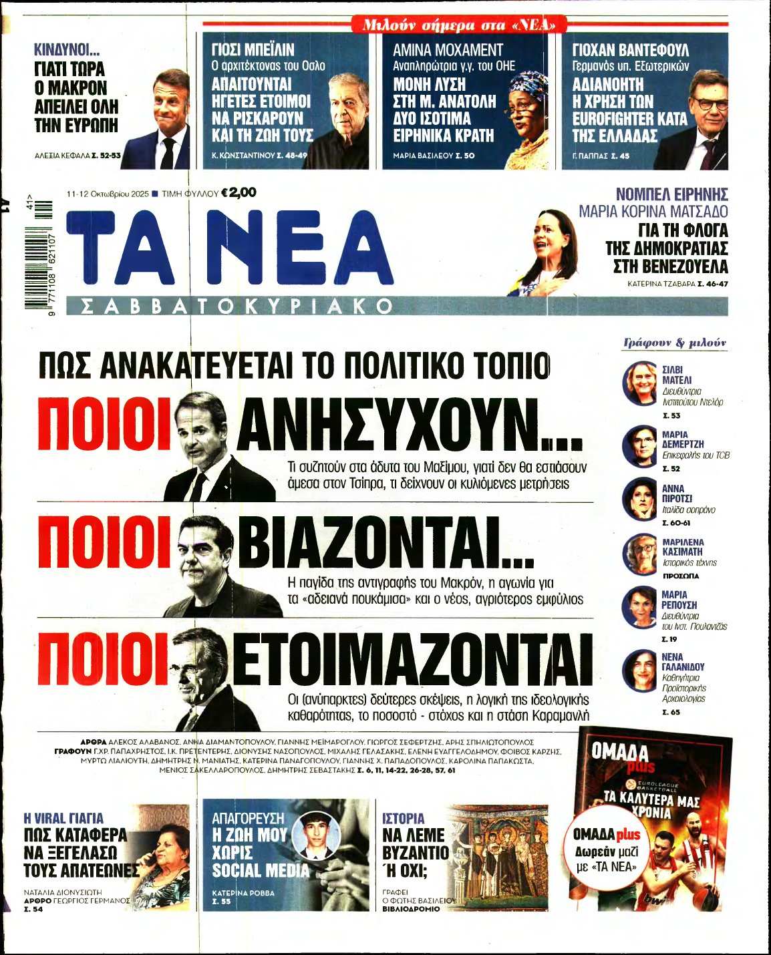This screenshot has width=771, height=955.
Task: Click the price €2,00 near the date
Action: pyautogui.click(x=239, y=192)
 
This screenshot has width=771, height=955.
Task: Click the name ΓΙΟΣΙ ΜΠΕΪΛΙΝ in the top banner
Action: pyautogui.click(x=253, y=50)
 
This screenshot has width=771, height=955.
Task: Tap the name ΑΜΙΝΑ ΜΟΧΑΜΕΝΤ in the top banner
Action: pyautogui.click(x=448, y=50)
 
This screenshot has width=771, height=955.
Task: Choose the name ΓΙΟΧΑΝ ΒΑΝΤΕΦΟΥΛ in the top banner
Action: pyautogui.click(x=630, y=50)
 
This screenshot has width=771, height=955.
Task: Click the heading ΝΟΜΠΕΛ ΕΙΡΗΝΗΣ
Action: pyautogui.click(x=671, y=194)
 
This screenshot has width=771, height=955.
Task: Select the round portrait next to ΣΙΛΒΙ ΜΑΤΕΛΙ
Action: pyautogui.click(x=641, y=384)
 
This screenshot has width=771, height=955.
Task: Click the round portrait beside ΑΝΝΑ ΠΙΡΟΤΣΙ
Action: pyautogui.click(x=641, y=499)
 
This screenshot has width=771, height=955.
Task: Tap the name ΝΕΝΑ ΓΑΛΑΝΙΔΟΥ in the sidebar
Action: pyautogui.click(x=683, y=662)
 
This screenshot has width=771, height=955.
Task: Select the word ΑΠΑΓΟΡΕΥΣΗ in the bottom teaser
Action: pyautogui.click(x=248, y=818)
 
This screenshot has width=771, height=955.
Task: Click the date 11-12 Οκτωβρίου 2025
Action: pyautogui.click(x=107, y=194)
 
